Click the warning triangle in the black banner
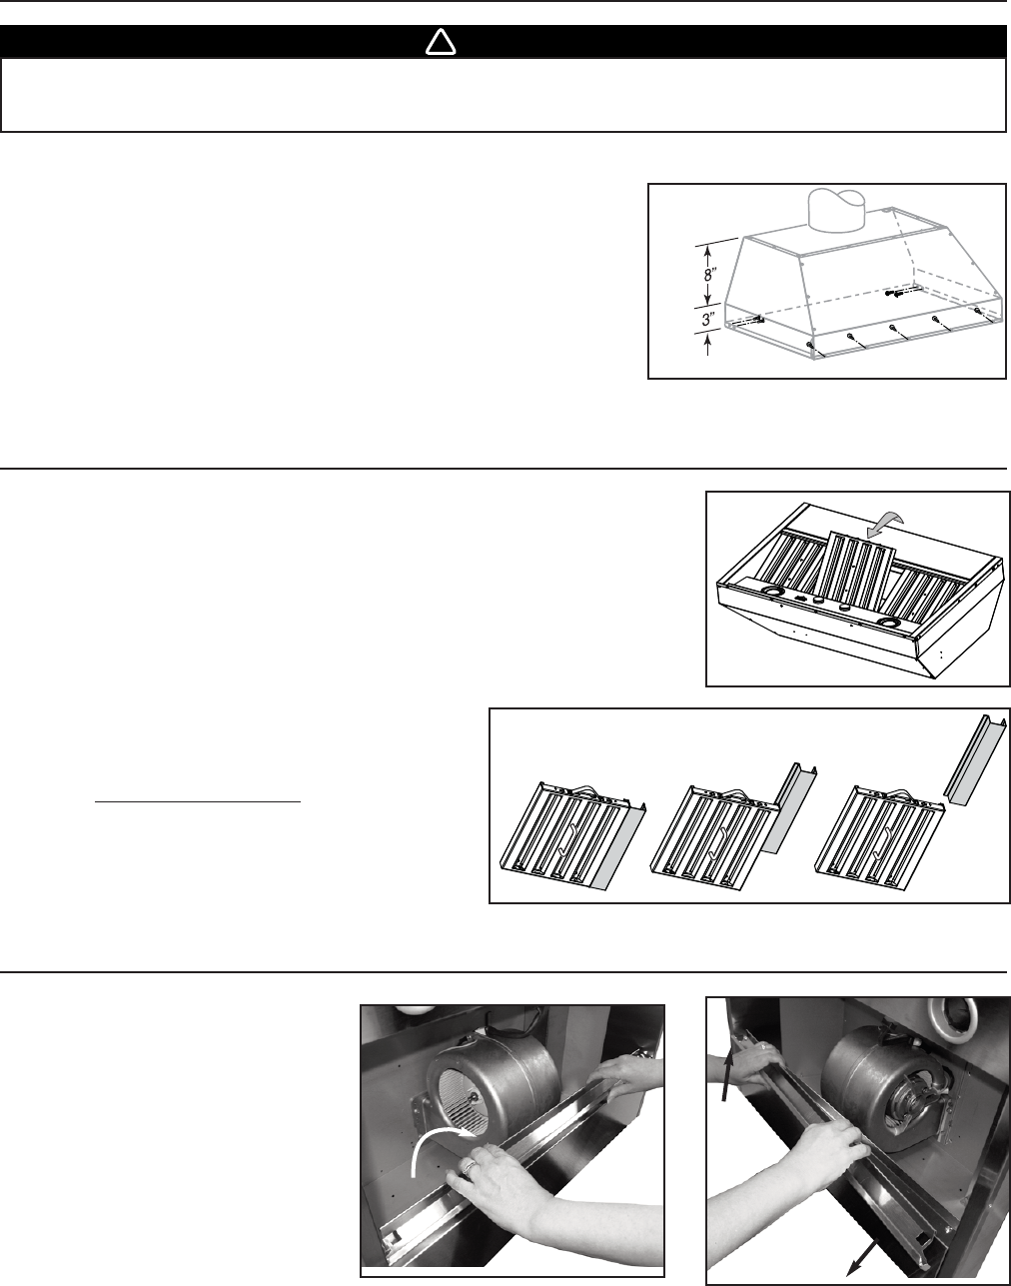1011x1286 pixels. (441, 42)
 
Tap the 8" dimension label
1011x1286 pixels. (709, 276)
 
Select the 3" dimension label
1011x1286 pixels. (709, 320)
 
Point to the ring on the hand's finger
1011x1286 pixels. (472, 1164)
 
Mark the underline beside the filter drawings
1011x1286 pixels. (198, 802)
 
